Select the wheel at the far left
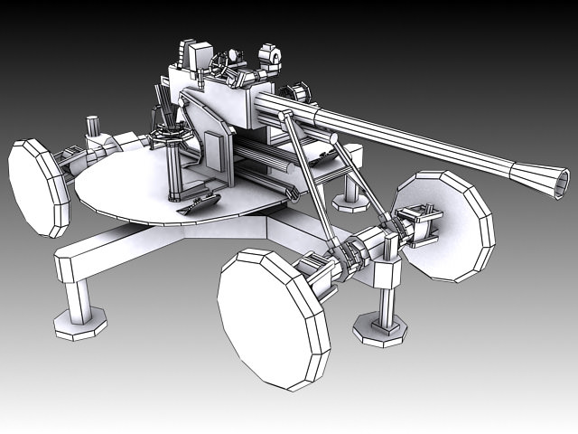coord(38,186)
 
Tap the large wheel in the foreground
coord(273,318)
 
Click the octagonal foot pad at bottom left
coord(80,322)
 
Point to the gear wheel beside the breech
coord(294,93)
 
